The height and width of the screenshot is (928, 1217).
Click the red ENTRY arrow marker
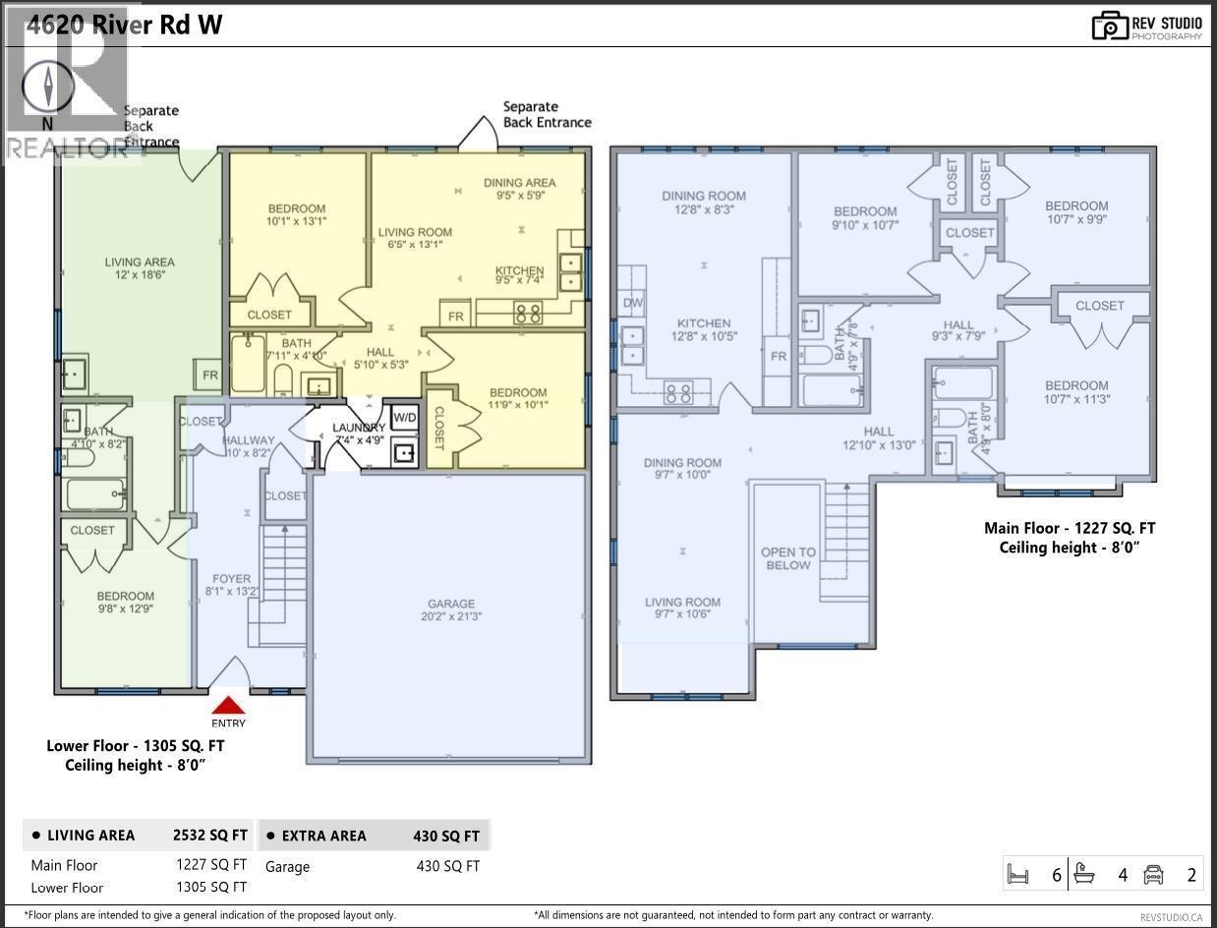(x=228, y=706)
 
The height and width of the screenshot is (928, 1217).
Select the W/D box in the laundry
(x=404, y=417)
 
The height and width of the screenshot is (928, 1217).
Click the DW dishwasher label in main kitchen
(x=633, y=303)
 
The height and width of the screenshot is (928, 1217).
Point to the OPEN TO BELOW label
(x=788, y=558)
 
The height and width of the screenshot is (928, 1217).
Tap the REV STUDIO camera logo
(x=1110, y=26)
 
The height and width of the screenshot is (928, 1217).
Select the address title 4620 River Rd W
(x=124, y=25)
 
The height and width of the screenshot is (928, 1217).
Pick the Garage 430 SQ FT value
(x=447, y=866)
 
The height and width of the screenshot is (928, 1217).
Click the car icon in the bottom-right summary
(x=1154, y=873)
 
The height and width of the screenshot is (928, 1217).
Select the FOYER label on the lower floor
(x=232, y=585)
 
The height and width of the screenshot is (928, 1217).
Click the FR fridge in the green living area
(x=209, y=376)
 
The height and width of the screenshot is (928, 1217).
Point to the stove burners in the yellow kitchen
(x=528, y=315)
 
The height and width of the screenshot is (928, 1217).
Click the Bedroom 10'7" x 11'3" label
(x=1076, y=392)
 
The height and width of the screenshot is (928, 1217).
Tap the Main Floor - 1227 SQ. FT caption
(x=1070, y=528)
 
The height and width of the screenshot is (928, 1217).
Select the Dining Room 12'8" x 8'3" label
(x=704, y=203)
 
